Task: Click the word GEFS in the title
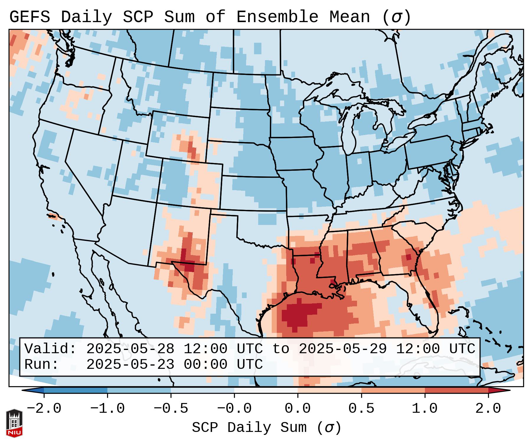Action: click(30, 17)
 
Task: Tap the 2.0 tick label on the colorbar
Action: click(488, 409)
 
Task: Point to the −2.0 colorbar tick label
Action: click(44, 409)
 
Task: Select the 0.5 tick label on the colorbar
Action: click(361, 409)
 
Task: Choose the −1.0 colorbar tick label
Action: click(107, 409)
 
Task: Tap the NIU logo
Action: click(14, 423)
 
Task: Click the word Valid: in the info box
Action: click(50, 349)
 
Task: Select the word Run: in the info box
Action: click(42, 365)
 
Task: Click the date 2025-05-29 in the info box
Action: click(343, 349)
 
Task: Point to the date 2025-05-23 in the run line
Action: click(130, 365)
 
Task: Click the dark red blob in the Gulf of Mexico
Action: click(298, 315)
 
